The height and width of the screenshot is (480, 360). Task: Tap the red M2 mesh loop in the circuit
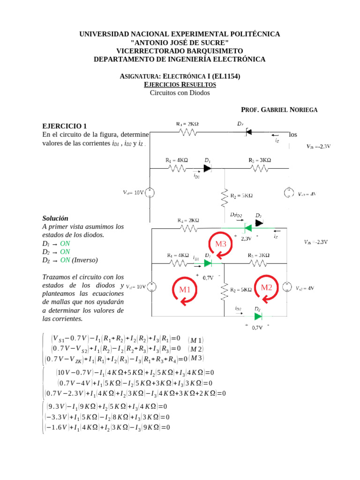[266, 287]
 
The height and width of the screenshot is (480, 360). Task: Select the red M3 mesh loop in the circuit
[220, 244]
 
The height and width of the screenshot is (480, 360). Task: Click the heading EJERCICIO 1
[65, 126]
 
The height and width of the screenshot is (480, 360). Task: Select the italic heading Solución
[55, 218]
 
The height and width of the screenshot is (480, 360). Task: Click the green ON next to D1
[65, 244]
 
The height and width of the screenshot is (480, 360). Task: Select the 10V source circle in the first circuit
[150, 192]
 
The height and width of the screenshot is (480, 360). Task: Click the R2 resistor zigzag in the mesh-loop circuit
[225, 290]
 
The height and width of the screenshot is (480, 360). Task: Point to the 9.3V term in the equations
[57, 406]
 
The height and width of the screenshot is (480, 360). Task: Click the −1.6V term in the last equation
[57, 427]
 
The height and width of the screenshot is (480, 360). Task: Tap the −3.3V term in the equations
[57, 417]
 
